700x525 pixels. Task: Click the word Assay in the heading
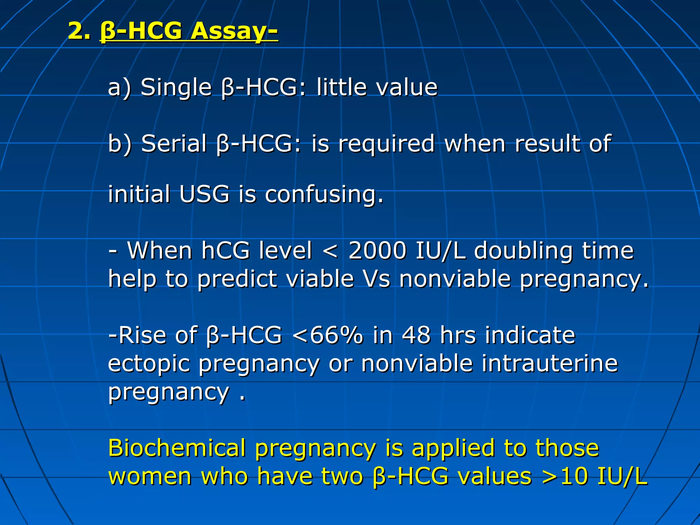pyautogui.click(x=233, y=31)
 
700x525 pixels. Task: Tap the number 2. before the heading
pyautogui.click(x=79, y=31)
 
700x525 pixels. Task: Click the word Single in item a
pyautogui.click(x=176, y=87)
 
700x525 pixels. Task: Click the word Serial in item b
pyautogui.click(x=174, y=144)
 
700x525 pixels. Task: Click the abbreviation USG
pyautogui.click(x=204, y=194)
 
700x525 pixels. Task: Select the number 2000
pyautogui.click(x=377, y=251)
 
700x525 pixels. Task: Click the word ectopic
pyautogui.click(x=149, y=364)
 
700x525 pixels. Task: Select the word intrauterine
pyautogui.click(x=550, y=363)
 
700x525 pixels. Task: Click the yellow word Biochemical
pyautogui.click(x=177, y=448)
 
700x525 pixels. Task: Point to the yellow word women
pyautogui.click(x=150, y=476)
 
